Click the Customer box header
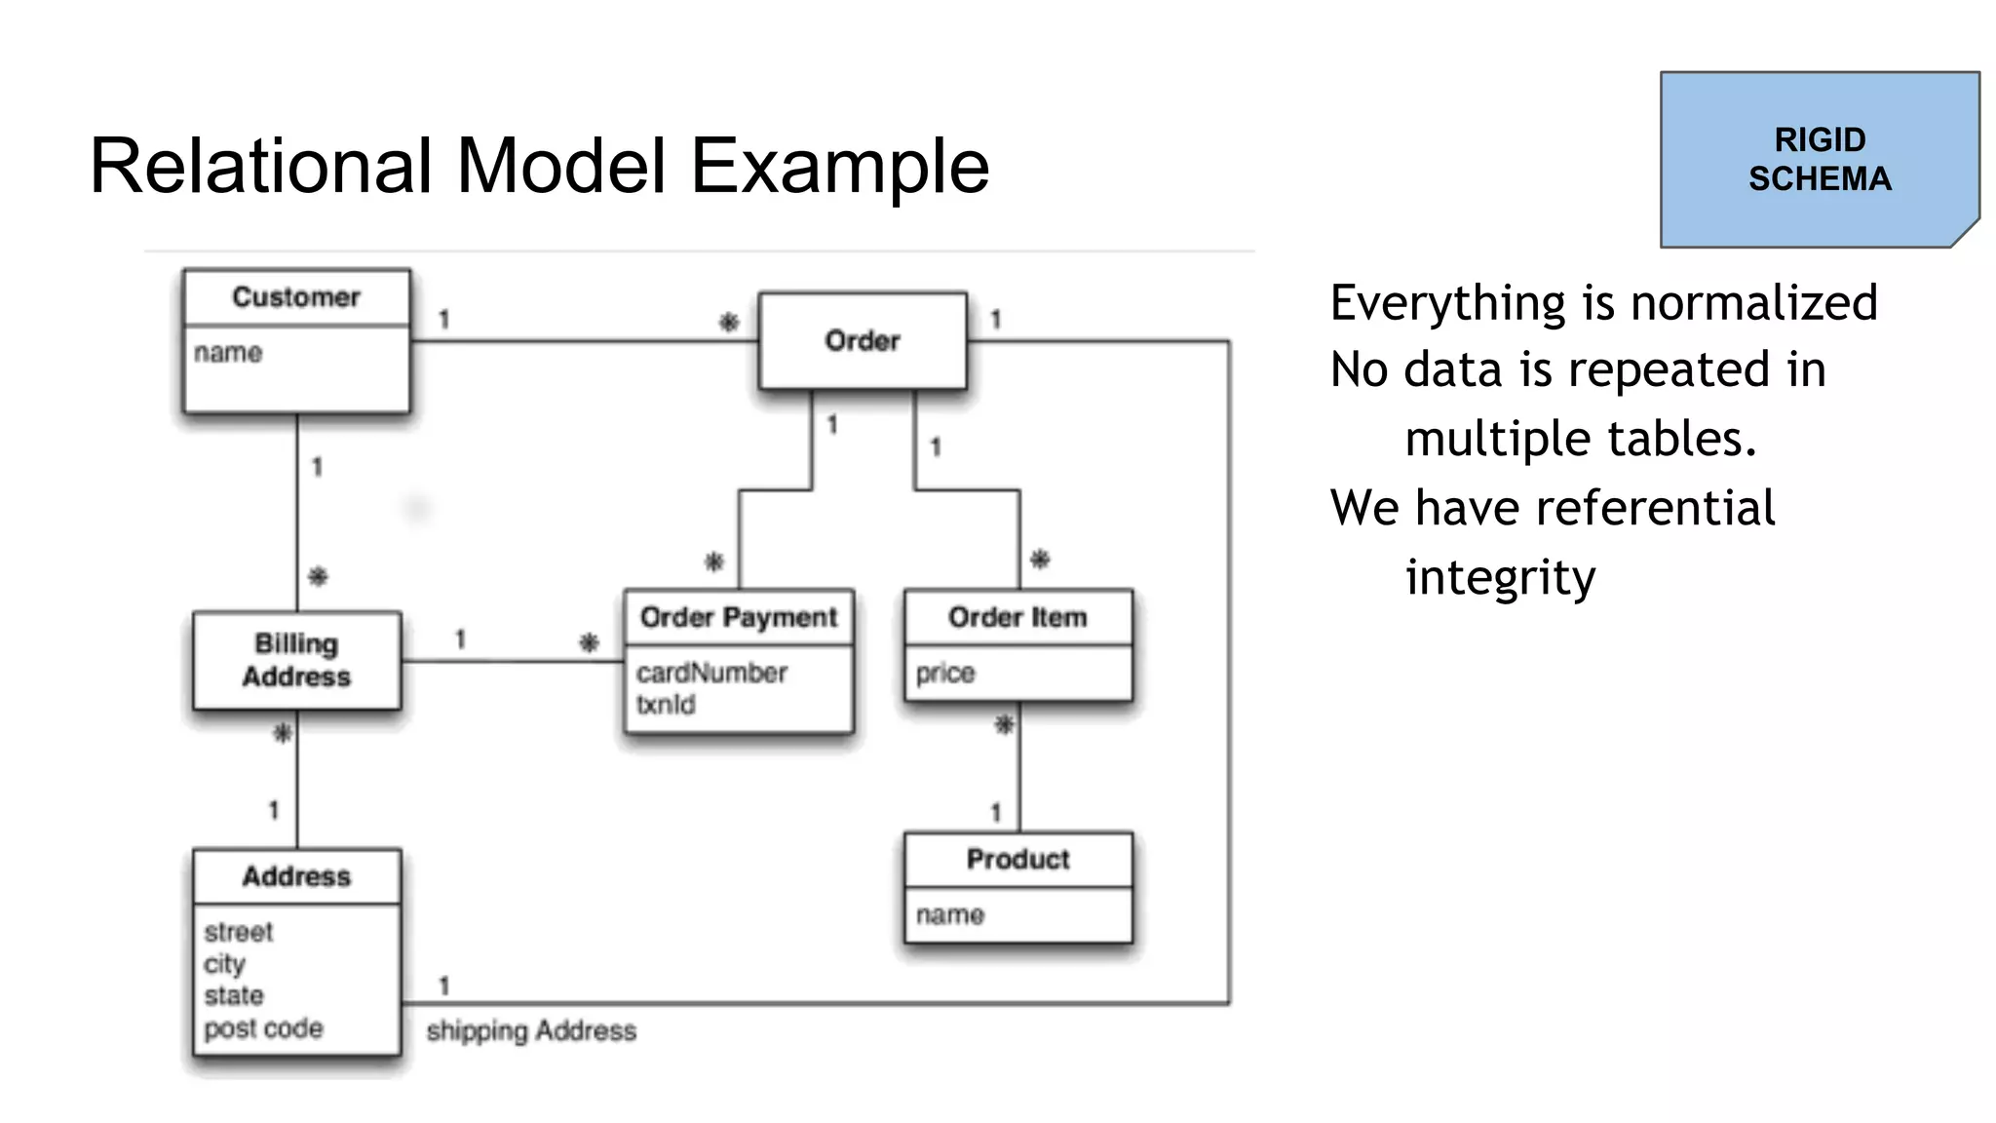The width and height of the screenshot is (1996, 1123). pyautogui.click(x=296, y=297)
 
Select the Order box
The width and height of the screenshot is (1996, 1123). pyautogui.click(x=863, y=341)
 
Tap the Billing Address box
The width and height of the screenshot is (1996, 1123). pyautogui.click(x=296, y=660)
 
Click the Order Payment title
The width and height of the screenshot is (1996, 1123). pyautogui.click(x=739, y=617)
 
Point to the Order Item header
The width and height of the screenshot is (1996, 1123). pyautogui.click(x=1017, y=617)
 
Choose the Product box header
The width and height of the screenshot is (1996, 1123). pyautogui.click(x=1017, y=859)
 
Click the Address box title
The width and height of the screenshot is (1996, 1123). pyautogui.click(x=296, y=876)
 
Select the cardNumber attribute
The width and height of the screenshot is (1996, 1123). pyautogui.click(x=711, y=673)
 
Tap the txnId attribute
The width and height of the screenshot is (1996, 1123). pyautogui.click(x=666, y=704)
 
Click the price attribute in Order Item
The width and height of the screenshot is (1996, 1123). pyautogui.click(x=944, y=673)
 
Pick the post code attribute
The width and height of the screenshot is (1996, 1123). pyautogui.click(x=263, y=1028)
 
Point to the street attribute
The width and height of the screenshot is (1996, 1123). pyautogui.click(x=239, y=932)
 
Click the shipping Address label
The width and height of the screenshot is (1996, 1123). pyautogui.click(x=531, y=1030)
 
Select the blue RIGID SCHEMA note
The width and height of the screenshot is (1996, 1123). pyautogui.click(x=1819, y=160)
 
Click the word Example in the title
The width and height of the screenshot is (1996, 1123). pyautogui.click(x=840, y=166)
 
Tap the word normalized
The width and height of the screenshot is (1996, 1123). pyautogui.click(x=1753, y=302)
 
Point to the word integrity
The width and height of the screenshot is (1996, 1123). pyautogui.click(x=1500, y=577)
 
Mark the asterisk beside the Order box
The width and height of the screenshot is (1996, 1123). pyautogui.click(x=729, y=322)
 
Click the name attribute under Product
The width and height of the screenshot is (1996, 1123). pyautogui.click(x=950, y=914)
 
